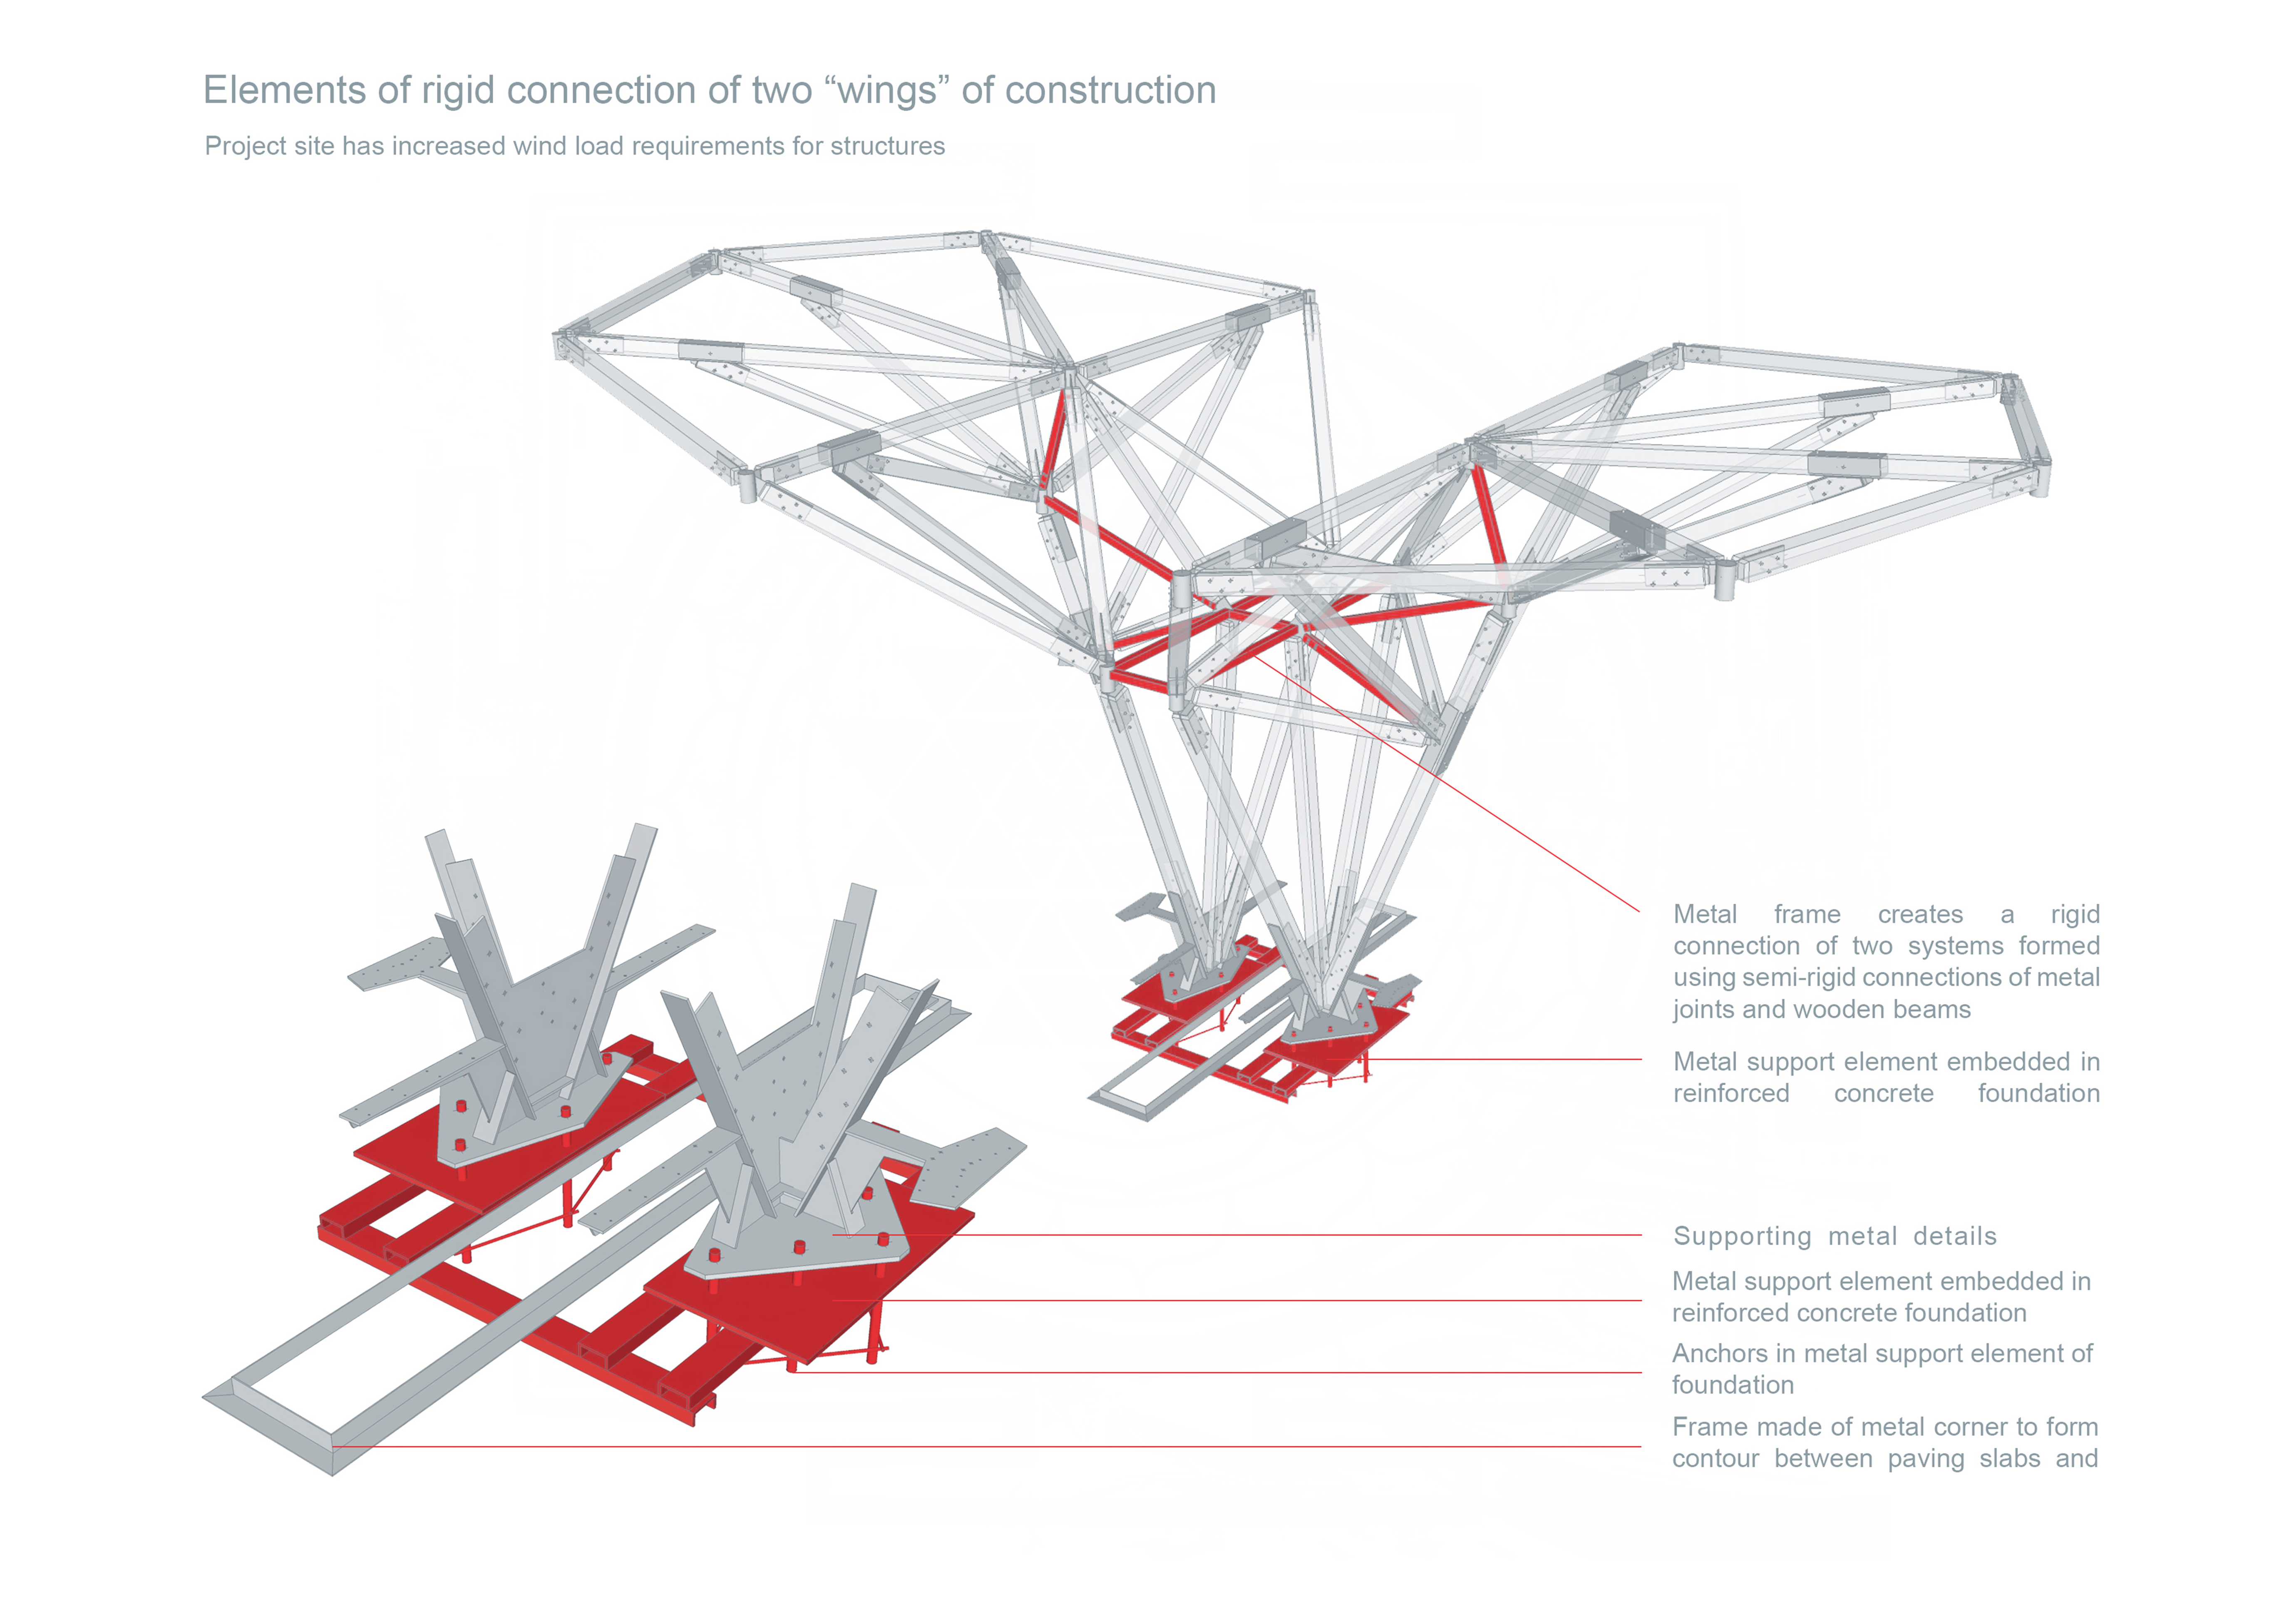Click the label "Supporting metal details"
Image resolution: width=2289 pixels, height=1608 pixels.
pyautogui.click(x=1835, y=1236)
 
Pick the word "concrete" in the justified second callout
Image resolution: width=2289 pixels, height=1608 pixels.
pyautogui.click(x=1883, y=1094)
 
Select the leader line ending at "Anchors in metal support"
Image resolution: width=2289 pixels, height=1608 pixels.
pyautogui.click(x=1246, y=1373)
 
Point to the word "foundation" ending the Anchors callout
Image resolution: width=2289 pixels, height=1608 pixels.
pyautogui.click(x=1733, y=1386)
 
